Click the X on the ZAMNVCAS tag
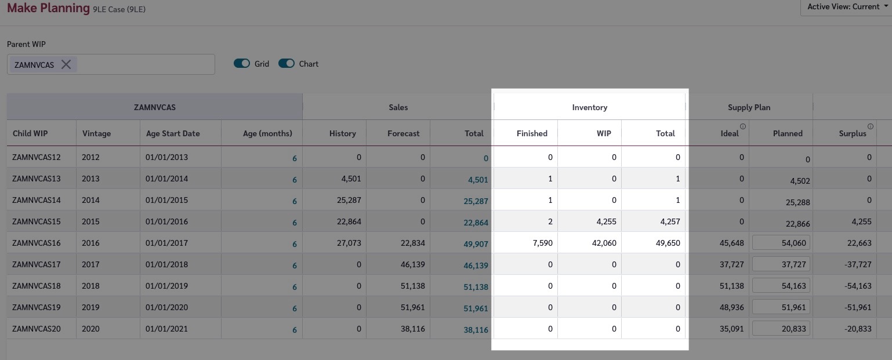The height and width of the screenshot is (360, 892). (66, 64)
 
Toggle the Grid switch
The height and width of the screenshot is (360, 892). (242, 64)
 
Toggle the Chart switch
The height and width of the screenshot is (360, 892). (287, 64)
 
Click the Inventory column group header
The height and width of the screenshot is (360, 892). (589, 107)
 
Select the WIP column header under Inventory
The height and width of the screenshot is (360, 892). (604, 133)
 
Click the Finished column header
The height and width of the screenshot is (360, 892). (532, 133)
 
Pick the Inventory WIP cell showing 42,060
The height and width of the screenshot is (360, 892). (603, 243)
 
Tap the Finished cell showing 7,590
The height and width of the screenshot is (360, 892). (542, 243)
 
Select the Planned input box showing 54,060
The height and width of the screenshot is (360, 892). (781, 243)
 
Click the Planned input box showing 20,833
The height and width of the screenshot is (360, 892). (781, 329)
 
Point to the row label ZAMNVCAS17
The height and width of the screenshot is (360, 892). (37, 264)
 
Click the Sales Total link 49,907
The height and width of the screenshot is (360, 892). (476, 244)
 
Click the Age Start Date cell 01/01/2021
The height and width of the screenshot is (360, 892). (167, 329)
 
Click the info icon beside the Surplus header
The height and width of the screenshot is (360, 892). (871, 126)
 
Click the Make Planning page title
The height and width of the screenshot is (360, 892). (48, 8)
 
